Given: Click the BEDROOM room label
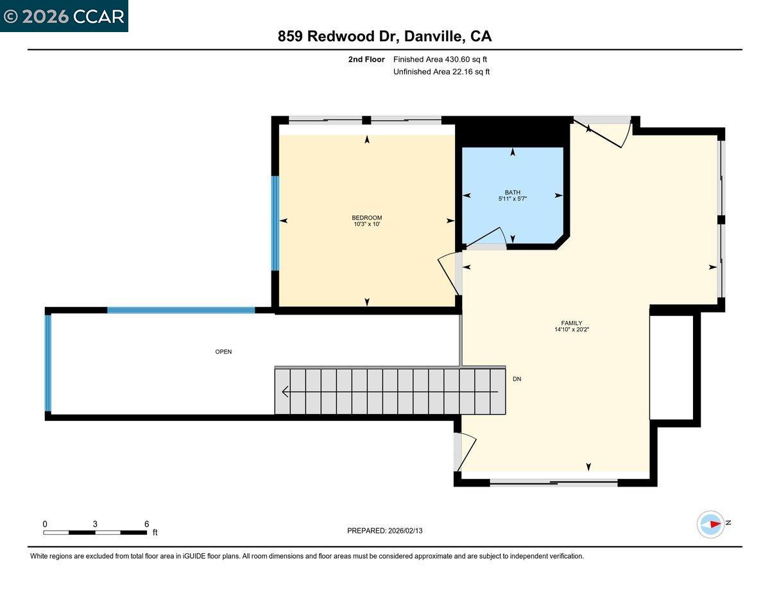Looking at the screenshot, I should (366, 218).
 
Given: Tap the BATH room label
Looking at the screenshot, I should (512, 192).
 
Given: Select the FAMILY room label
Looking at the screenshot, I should (571, 323).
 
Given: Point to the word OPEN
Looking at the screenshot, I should (223, 352).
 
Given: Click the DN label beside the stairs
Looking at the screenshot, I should (517, 379).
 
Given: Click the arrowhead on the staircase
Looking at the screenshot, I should (286, 391).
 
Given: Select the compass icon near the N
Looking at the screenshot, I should (710, 524).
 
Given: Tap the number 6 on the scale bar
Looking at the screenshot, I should (147, 524).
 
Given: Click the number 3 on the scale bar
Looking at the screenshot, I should (95, 524).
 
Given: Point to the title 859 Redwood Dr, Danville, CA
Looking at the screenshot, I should (384, 37).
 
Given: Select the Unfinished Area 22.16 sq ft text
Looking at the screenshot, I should (441, 72).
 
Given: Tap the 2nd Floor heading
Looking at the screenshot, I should (366, 60).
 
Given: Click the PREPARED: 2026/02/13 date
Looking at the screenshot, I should (384, 531).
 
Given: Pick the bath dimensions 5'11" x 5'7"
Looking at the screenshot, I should (512, 199).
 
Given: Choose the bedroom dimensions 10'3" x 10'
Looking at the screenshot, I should (366, 225).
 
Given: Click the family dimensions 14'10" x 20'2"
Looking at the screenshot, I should (571, 331).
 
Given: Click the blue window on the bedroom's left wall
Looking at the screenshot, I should (275, 223).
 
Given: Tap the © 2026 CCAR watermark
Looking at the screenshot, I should (64, 16).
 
